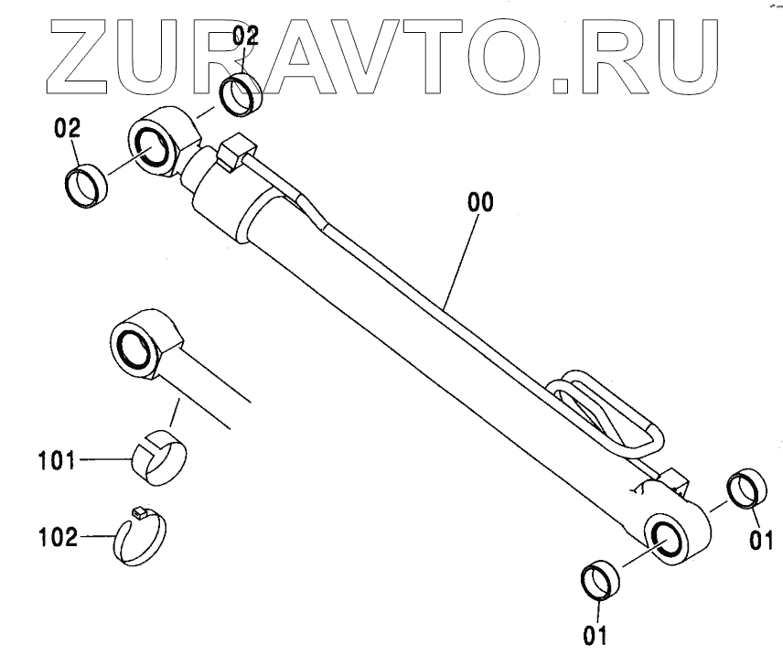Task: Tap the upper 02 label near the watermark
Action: (x=244, y=37)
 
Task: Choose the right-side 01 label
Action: (x=761, y=541)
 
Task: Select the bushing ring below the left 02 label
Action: (x=89, y=187)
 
